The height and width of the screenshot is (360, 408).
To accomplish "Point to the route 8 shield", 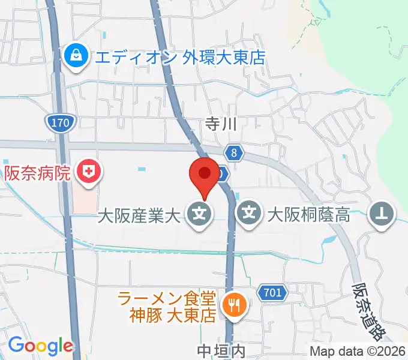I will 235,154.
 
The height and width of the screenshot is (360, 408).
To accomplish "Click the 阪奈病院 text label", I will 38,174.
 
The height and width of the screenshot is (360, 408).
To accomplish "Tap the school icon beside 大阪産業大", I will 199,214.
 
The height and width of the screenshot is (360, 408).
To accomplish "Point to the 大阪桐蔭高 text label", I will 308,214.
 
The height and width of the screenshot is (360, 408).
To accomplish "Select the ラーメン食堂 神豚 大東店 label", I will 167,306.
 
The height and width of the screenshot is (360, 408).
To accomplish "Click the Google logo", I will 40,346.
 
